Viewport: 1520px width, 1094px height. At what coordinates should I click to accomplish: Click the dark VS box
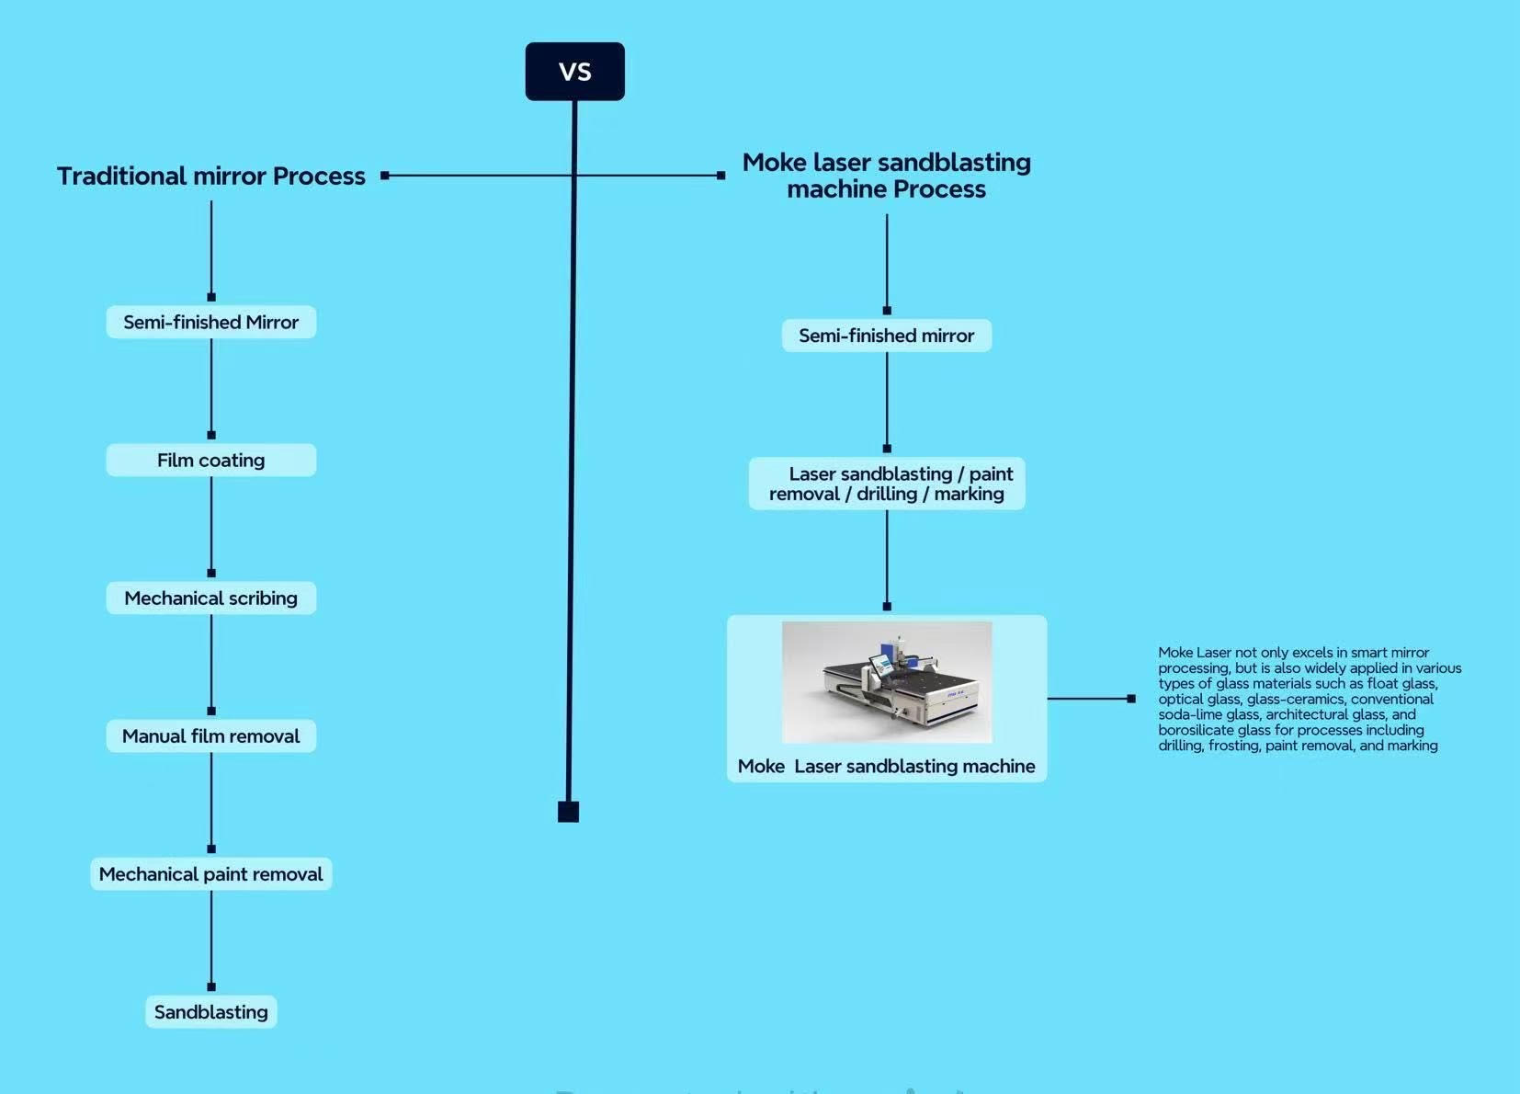pos(574,72)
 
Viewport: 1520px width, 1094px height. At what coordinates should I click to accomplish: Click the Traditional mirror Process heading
pos(211,176)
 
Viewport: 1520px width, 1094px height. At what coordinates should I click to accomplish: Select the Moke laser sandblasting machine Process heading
pos(886,176)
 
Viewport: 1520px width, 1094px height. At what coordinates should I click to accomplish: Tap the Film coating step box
pos(211,461)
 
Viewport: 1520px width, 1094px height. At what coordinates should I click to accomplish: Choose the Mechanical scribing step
pos(211,598)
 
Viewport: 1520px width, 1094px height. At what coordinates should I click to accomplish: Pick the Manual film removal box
pos(211,736)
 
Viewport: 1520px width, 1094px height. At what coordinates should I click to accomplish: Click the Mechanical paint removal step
pos(211,874)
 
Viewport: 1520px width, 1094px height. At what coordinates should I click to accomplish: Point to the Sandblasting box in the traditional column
pos(211,1012)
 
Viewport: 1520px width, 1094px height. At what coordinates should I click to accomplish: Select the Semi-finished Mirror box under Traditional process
pos(211,323)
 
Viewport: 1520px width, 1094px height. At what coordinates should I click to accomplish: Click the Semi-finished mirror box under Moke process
pos(886,336)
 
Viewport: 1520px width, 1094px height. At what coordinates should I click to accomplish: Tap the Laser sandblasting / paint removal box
pos(886,484)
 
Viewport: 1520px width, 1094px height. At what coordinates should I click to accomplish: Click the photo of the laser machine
pos(886,681)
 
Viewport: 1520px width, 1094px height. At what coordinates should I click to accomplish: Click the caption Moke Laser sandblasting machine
pos(886,767)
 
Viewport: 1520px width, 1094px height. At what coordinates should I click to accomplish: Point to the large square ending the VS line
pos(568,812)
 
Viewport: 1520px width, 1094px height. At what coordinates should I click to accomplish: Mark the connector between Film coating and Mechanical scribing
pos(211,524)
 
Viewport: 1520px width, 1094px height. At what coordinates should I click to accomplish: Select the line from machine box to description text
pos(1089,699)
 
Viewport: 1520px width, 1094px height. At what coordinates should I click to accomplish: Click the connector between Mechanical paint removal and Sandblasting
pos(211,938)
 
